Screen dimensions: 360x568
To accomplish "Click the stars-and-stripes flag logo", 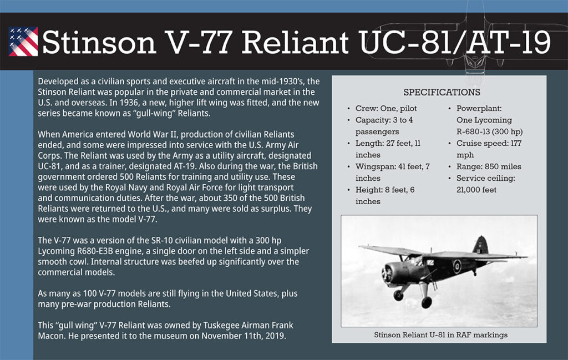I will [23, 42].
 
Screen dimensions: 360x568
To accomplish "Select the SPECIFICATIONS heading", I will [442, 92].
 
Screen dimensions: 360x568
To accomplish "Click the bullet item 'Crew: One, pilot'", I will [386, 108].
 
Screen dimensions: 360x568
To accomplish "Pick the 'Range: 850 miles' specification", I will [489, 166].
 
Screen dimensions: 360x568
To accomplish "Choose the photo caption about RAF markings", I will [441, 334].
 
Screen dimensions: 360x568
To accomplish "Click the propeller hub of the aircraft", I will [386, 273].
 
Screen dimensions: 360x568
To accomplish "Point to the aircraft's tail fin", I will [480, 245].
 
